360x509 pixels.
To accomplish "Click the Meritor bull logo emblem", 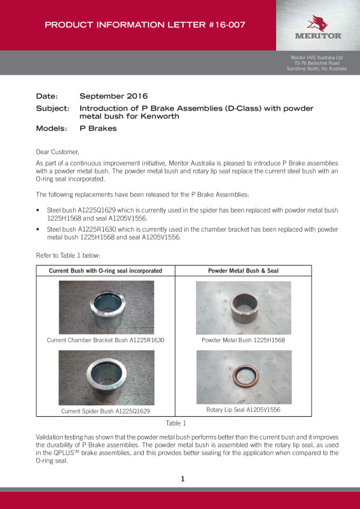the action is click(317, 23).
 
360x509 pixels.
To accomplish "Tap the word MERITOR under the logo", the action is click(318, 36).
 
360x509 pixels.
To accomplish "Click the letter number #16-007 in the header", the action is click(226, 25).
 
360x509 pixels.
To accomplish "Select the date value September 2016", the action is click(114, 96).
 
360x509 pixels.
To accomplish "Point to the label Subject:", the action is click(53, 108).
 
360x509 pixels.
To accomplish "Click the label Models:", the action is click(52, 129).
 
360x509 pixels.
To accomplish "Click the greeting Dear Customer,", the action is click(57, 151).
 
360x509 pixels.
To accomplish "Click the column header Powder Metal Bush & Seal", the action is click(243, 271).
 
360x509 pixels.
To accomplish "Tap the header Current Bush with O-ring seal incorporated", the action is click(106, 271).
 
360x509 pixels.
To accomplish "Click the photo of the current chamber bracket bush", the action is click(106, 307).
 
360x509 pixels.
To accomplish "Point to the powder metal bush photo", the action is click(244, 308).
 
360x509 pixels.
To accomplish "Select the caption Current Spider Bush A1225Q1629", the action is click(106, 411).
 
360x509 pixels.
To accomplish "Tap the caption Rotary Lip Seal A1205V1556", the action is click(244, 410).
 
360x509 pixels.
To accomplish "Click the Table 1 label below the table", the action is click(176, 423).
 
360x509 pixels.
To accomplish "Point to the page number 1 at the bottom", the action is click(183, 479).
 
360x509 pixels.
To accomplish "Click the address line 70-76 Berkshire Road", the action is click(317, 63).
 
